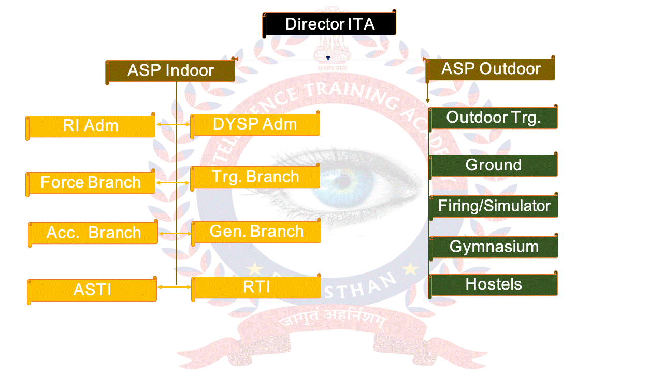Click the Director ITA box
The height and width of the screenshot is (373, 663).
tap(330, 24)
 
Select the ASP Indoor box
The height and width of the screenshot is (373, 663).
tap(170, 71)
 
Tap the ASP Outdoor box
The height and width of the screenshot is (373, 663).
tap(491, 69)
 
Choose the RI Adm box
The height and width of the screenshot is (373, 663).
tap(91, 126)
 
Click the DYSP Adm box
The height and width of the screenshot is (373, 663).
tap(255, 124)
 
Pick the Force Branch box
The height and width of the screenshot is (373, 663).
tap(91, 182)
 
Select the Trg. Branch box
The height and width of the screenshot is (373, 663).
tap(255, 177)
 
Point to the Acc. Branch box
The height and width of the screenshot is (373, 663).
tap(94, 233)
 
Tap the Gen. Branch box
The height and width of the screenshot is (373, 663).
tap(256, 231)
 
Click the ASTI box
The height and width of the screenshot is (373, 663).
tap(92, 290)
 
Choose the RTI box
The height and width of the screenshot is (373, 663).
tap(256, 287)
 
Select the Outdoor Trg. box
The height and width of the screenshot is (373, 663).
tap(494, 118)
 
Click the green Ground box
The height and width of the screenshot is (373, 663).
tap(494, 165)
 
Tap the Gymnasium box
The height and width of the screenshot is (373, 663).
tap(494, 247)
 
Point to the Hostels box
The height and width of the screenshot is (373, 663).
tap(494, 284)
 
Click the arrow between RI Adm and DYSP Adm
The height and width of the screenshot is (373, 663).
tap(173, 125)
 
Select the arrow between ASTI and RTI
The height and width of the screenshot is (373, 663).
tap(174, 286)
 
